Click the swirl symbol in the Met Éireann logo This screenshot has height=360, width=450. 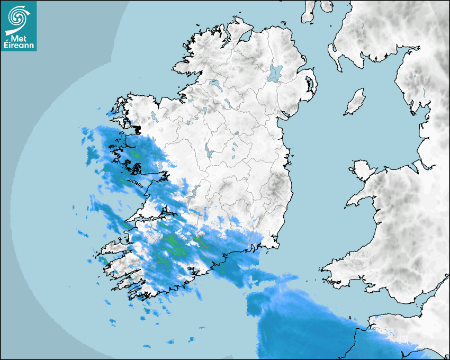click(18, 17)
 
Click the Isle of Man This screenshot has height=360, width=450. click(355, 102)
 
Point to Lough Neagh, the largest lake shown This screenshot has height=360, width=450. click(275, 73)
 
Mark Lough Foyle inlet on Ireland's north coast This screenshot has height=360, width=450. click(245, 36)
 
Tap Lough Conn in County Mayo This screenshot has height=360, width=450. click(154, 115)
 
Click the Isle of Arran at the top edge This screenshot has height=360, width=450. click(308, 12)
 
